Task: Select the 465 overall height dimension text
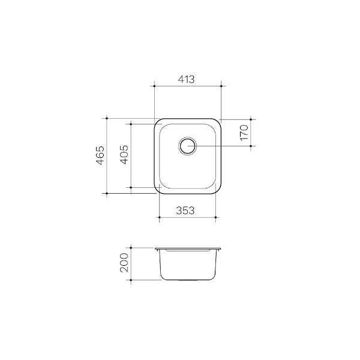click(101, 155)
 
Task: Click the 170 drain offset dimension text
click(243, 133)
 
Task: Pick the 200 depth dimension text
click(124, 263)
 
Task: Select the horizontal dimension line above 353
click(187, 217)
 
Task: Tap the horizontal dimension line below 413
click(188, 87)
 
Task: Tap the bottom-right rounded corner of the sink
click(218, 191)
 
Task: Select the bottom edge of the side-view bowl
click(188, 280)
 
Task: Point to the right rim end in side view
click(220, 248)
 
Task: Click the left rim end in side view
click(156, 248)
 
